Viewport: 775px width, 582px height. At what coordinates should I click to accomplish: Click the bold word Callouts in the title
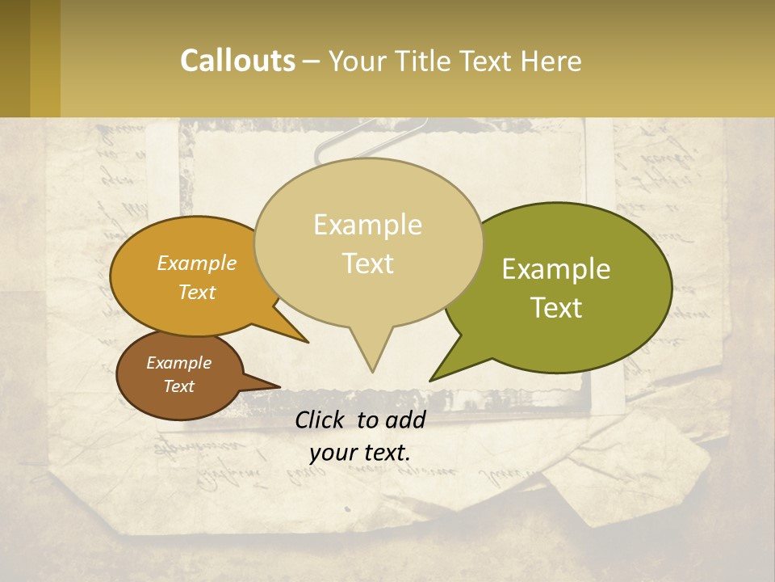(237, 61)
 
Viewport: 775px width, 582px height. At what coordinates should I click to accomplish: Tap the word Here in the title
(551, 61)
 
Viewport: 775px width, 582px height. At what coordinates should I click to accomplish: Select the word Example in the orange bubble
(197, 263)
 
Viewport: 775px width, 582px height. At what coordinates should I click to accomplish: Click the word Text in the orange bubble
(197, 292)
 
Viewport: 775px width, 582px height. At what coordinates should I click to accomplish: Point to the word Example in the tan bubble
(367, 225)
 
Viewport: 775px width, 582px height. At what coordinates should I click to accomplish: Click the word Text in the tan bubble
(368, 264)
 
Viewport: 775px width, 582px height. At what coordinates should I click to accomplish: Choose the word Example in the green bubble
(556, 269)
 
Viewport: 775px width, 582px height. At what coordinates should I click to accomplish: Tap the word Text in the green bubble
(557, 308)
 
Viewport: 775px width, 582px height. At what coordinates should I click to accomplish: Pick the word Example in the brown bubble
(178, 363)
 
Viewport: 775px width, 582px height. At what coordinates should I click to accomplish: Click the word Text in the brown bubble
(179, 386)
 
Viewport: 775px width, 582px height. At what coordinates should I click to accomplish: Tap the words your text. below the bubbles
(360, 453)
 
